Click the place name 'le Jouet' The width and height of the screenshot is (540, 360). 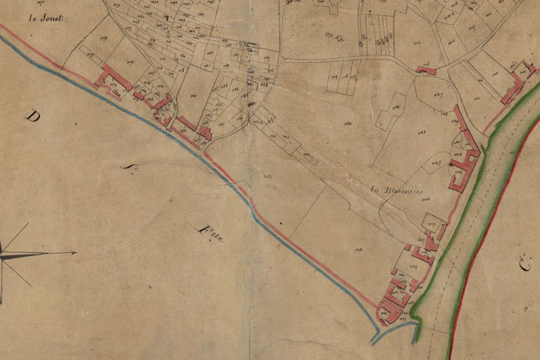pos(46,18)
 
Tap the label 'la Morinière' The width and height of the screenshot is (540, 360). pos(397,190)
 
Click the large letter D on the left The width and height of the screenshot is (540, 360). pos(32,117)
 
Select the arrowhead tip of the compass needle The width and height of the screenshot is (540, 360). pos(75,253)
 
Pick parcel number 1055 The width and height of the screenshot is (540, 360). pos(194,95)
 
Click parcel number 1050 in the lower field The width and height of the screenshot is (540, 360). pos(359,249)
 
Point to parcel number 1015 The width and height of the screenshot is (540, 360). pos(416,44)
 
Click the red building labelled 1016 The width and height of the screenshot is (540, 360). pos(426,70)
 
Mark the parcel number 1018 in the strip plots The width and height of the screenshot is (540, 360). pos(345,77)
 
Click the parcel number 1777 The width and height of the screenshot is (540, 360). pos(329,35)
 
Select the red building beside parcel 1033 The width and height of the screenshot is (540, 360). pos(463,173)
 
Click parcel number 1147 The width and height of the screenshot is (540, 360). pos(267,58)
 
